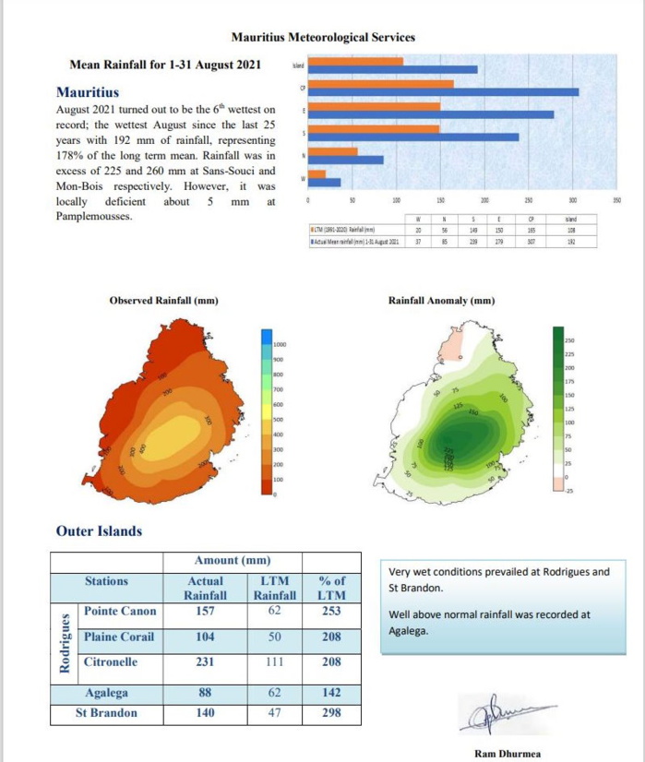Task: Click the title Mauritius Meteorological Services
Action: point(322,38)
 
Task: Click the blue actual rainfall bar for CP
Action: point(442,91)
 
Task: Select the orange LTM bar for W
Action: point(316,173)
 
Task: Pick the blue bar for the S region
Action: point(412,137)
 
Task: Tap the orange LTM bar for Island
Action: point(355,62)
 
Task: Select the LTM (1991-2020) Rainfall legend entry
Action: point(343,230)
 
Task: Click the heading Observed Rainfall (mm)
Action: point(163,301)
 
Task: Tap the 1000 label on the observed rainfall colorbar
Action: point(280,344)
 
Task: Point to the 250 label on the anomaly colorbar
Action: point(569,342)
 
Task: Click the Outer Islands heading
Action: point(99,530)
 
